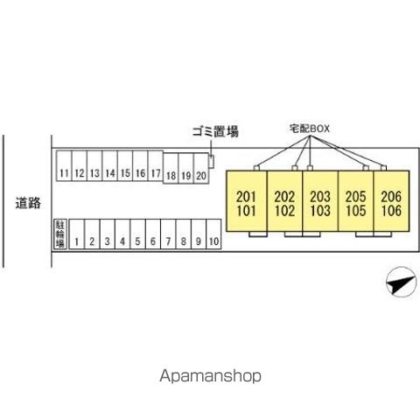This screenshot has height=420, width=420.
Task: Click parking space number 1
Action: coord(77,234)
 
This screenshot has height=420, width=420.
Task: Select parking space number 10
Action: coord(213,234)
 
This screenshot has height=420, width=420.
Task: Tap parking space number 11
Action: coord(64,165)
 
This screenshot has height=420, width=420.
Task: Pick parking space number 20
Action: coord(201,169)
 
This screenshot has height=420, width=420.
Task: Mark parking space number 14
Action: coord(109,165)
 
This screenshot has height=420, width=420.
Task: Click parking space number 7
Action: coord(168,234)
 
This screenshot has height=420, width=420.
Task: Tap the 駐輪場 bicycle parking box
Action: coord(60,234)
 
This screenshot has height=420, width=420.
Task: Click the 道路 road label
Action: coord(28,203)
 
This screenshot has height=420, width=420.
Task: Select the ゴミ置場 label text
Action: coord(215,131)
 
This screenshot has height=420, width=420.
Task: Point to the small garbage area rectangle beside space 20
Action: coord(211,162)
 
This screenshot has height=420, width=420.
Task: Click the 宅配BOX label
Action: coord(310,129)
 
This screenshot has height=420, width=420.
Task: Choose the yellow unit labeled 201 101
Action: coord(247,201)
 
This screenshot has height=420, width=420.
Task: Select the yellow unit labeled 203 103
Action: coord(320,201)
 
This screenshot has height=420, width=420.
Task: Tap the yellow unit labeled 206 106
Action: coord(391,201)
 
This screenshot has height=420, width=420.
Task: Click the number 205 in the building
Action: coord(356,197)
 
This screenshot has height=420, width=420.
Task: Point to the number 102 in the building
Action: coord(284,211)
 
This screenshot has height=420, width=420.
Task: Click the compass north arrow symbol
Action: coord(402,282)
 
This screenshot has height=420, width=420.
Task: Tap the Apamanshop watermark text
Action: coord(210,376)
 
